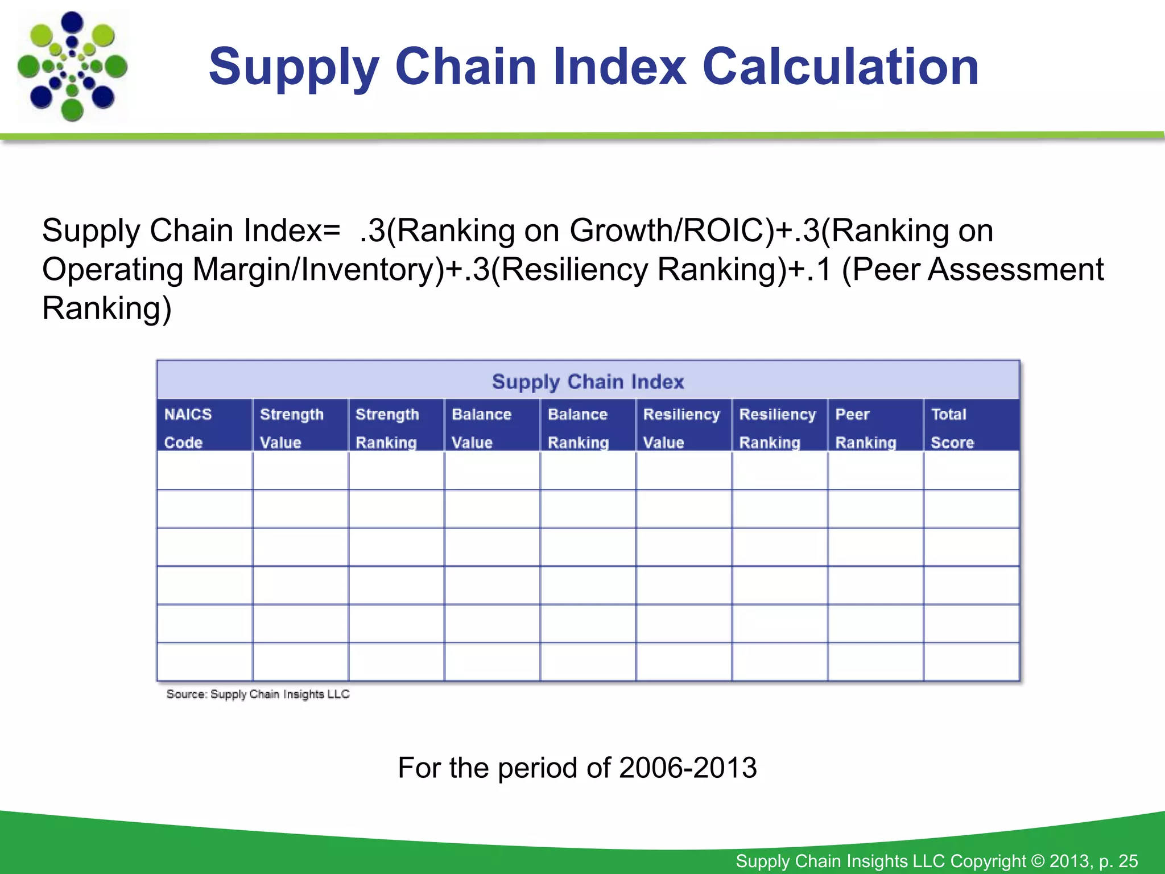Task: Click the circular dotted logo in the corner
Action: click(x=72, y=67)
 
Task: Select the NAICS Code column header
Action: click(x=204, y=427)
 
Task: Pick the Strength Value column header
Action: click(x=300, y=427)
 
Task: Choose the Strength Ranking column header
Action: click(x=396, y=427)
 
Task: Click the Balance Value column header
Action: click(x=491, y=427)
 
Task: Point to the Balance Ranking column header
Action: click(x=588, y=427)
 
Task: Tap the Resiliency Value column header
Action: click(x=683, y=427)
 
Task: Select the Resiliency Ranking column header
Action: click(x=779, y=427)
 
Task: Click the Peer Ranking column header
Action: click(x=875, y=427)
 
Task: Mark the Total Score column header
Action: click(x=971, y=427)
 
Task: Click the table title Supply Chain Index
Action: click(x=588, y=381)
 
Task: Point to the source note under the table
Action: click(x=258, y=694)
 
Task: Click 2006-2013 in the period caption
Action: click(x=687, y=768)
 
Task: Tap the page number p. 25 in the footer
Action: click(x=1118, y=861)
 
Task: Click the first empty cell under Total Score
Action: click(x=971, y=471)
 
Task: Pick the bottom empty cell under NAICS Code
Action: click(x=204, y=662)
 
